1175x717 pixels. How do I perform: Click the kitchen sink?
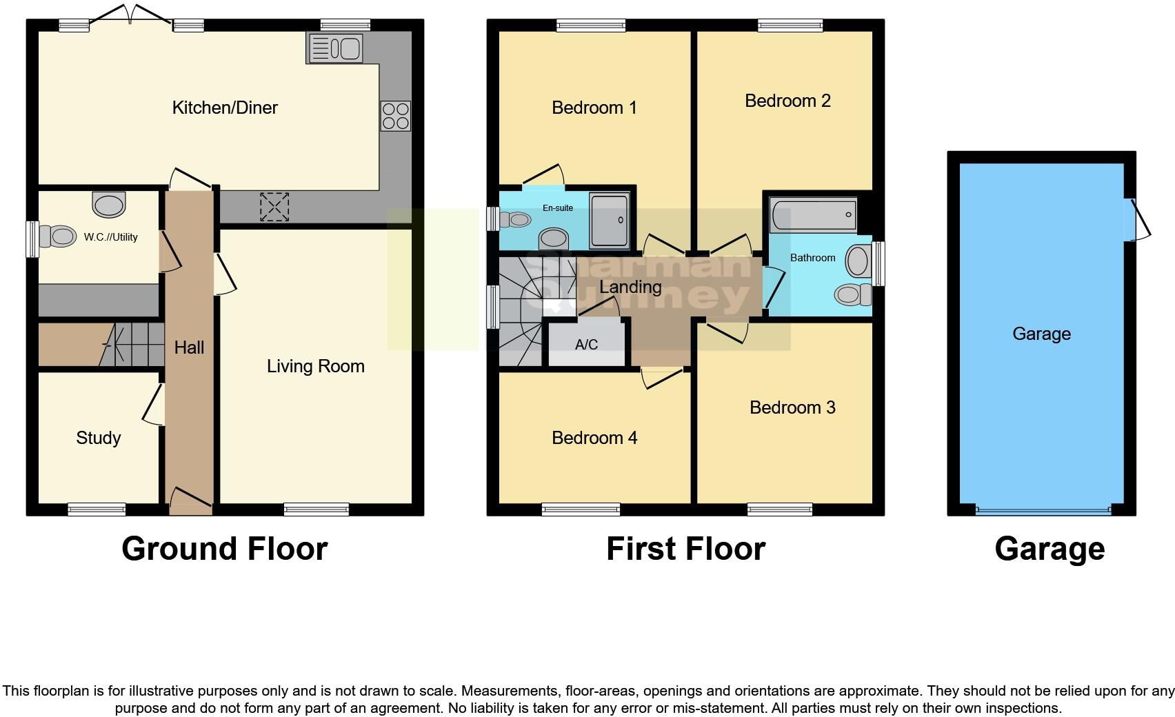pos(335,49)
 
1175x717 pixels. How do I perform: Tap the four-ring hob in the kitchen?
pos(395,116)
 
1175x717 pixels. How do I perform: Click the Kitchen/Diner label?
pos(225,108)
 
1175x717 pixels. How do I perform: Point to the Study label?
pos(98,438)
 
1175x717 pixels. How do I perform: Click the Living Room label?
pos(315,366)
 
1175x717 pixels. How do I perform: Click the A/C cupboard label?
pos(586,345)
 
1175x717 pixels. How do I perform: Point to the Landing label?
pos(630,287)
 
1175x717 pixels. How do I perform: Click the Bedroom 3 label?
pos(792,407)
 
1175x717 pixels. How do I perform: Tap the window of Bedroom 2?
pos(790,26)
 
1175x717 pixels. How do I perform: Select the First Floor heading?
pos(685,549)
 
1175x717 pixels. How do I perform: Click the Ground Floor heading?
pos(224,549)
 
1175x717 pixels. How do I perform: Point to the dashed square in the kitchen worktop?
pos(274,207)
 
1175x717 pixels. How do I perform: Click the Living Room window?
pos(317,510)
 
